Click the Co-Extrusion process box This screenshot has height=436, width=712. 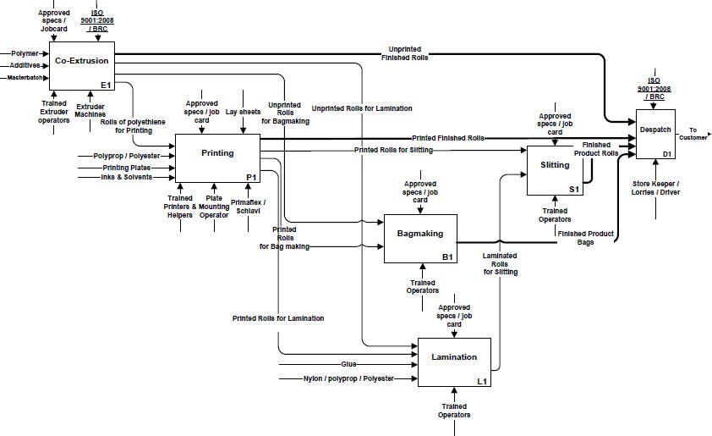coord(80,65)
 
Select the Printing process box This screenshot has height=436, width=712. coord(217,156)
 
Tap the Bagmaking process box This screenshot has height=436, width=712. coord(426,237)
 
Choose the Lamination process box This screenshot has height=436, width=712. coord(454,361)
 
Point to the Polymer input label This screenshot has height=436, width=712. coord(25,52)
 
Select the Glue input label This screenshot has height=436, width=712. coord(348,364)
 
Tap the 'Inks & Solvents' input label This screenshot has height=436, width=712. coord(126,176)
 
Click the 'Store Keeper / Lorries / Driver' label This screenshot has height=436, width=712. coord(655,186)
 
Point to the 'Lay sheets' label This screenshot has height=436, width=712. coord(244,112)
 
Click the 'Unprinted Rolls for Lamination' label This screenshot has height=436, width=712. coord(362,108)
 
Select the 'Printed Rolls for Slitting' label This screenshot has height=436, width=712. coord(393,150)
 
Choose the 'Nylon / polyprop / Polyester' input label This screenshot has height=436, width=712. coord(348,378)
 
